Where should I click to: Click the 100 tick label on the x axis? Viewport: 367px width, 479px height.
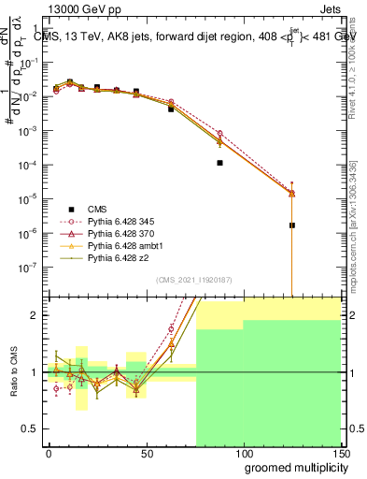click(x=243, y=453)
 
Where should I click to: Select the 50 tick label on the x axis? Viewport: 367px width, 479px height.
click(x=146, y=453)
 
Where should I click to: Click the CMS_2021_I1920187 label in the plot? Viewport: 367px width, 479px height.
click(x=193, y=280)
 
